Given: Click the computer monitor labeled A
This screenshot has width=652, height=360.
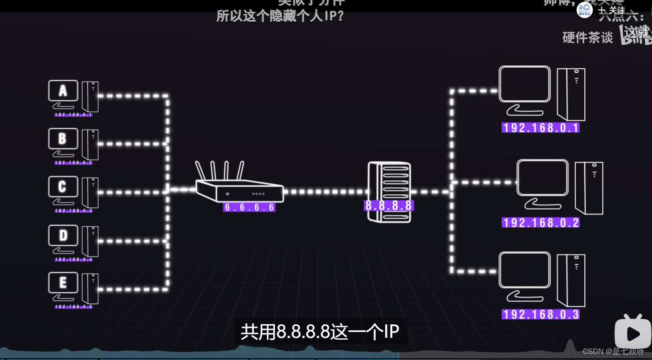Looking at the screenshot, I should tap(63, 91).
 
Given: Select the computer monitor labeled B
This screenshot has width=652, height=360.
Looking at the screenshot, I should tap(63, 139).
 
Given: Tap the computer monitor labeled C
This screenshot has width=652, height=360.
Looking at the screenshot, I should tap(63, 187).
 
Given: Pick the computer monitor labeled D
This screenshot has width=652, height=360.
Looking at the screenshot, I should tap(63, 235).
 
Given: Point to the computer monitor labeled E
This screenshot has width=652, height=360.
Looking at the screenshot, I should tap(63, 283).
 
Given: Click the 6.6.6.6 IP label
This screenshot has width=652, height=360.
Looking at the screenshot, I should tap(249, 207).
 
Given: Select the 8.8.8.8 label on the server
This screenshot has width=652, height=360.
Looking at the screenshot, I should tap(389, 206).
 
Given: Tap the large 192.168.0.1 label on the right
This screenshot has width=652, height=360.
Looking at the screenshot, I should tap(540, 127).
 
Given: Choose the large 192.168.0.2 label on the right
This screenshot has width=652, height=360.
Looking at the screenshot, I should tap(540, 222).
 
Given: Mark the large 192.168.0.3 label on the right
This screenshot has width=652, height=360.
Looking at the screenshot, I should tap(540, 314).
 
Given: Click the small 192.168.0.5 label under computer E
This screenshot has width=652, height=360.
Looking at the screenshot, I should tap(74, 307).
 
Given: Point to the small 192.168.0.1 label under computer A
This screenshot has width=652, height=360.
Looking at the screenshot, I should tap(74, 115).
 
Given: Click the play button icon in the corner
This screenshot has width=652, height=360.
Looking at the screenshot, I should tap(633, 333).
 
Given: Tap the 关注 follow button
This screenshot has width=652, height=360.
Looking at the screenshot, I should tap(612, 10).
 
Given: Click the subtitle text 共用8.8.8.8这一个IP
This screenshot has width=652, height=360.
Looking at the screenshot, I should tap(320, 332).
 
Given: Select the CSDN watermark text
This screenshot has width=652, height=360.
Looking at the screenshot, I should tap(613, 351).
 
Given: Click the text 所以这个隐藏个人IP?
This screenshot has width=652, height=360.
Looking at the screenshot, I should tap(280, 16).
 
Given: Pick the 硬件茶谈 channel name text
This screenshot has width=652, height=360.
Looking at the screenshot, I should tap(587, 37).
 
